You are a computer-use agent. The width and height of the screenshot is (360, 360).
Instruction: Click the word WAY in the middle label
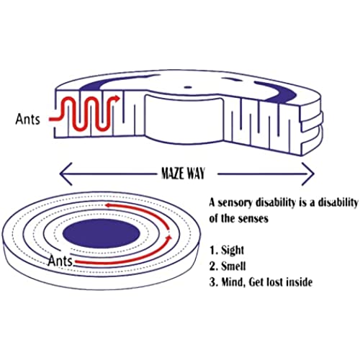tap(196, 174)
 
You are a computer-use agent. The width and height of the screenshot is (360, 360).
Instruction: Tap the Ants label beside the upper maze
tap(27, 119)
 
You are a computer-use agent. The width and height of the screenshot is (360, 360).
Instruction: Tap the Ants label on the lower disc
tap(60, 261)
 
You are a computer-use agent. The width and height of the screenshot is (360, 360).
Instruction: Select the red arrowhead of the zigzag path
tap(116, 98)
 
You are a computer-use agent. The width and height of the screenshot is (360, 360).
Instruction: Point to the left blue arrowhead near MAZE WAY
tap(66, 174)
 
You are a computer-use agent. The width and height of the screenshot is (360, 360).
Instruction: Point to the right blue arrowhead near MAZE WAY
tap(308, 174)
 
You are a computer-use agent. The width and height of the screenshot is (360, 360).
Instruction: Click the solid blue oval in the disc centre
tap(102, 233)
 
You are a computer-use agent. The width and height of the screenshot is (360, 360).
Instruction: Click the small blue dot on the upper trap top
tap(189, 87)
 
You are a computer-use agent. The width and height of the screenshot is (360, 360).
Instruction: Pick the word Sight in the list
tap(233, 250)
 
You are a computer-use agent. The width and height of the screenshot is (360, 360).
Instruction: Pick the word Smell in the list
tap(233, 266)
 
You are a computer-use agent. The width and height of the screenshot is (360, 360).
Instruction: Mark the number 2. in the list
tap(213, 266)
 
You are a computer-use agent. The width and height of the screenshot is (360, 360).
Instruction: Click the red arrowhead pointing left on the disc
tap(109, 205)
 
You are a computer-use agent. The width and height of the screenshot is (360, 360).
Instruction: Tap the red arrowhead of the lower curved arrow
tap(169, 237)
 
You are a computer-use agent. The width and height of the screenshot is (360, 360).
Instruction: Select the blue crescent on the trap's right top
tap(276, 91)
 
